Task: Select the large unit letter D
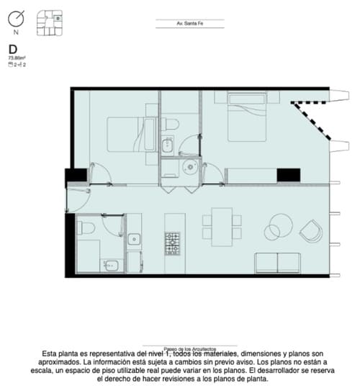[x=12, y=49]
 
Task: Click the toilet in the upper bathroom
[x=170, y=125]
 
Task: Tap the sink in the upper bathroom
[x=167, y=147]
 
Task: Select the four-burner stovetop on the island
[x=174, y=243]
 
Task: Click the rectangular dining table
[x=218, y=222]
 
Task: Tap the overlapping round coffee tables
[x=278, y=227]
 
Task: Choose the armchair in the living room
[x=311, y=230]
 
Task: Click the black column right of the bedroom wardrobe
[x=288, y=174]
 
